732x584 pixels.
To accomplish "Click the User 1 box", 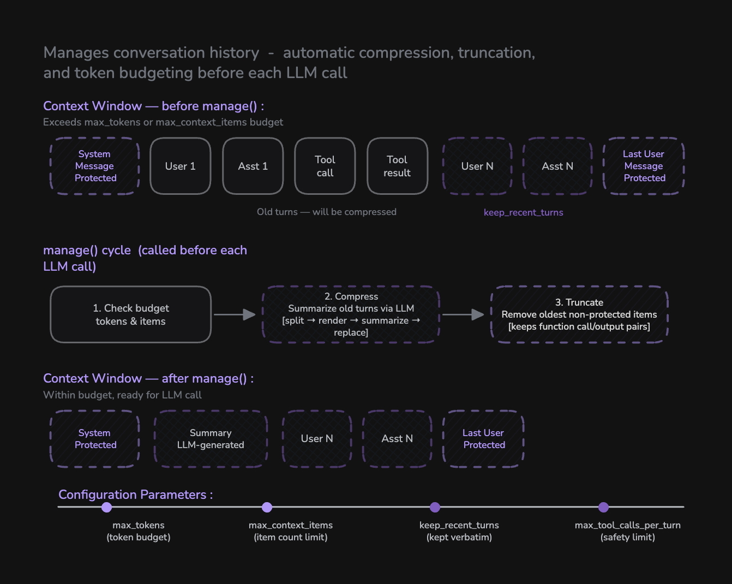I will click(180, 166).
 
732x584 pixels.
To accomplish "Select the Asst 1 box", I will click(253, 166).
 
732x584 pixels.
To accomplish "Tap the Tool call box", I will click(325, 166).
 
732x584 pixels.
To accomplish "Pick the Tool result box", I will click(397, 166).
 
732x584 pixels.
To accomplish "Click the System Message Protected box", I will click(95, 166).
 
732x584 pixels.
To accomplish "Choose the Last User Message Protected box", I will click(644, 166).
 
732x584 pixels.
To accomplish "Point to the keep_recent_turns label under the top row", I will click(523, 212).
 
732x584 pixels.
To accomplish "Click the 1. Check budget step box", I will click(131, 314).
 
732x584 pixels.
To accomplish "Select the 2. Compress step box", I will click(351, 314).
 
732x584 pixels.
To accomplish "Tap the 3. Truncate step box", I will click(579, 314).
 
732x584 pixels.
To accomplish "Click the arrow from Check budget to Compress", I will click(235, 314).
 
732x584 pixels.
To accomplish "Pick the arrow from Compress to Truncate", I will click(463, 314).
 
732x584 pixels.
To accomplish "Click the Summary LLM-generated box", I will click(211, 439).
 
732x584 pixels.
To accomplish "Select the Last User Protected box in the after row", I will click(484, 439).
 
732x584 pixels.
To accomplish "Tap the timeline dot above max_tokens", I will click(107, 507).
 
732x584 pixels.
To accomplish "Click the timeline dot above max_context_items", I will click(267, 507).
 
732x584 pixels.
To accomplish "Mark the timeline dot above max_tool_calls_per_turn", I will click(603, 507).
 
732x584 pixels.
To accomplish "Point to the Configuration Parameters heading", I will click(135, 494).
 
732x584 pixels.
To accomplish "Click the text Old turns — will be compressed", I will click(327, 212).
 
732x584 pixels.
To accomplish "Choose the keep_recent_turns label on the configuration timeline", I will click(459, 525).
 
